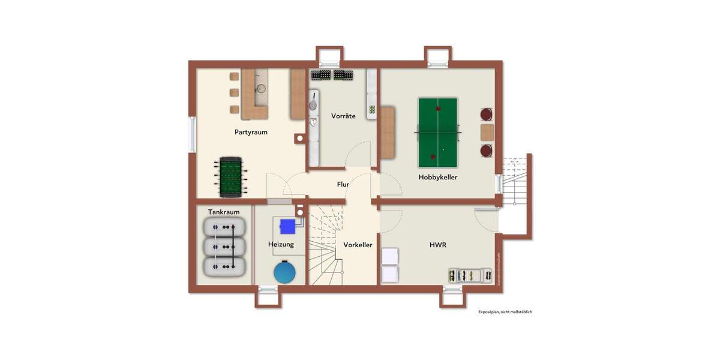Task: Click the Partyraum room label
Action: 251,132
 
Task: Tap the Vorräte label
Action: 343,116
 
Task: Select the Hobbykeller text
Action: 438,177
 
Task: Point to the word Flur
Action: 343,185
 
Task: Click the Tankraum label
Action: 224,212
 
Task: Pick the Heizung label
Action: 281,244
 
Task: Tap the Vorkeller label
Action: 358,245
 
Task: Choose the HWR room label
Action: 437,245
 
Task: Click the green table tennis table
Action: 439,131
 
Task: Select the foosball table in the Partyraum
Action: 229,176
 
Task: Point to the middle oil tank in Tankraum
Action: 225,246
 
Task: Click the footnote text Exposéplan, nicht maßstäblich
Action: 505,312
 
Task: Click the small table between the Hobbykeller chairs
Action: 487,132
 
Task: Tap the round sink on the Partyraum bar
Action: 261,89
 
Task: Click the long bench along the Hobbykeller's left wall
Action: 388,133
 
